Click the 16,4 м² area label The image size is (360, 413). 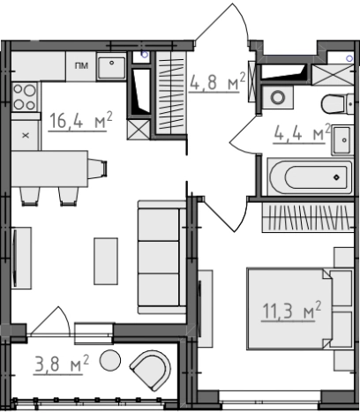click(80, 121)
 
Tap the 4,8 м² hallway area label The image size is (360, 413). click(217, 82)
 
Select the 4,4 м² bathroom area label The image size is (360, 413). click(302, 134)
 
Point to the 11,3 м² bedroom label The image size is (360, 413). click(291, 311)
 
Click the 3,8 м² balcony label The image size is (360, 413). click(62, 364)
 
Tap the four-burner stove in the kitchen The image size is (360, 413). click(26, 96)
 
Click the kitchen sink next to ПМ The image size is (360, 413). click(111, 68)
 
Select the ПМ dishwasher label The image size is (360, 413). click(81, 65)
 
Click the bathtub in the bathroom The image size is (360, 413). click(310, 176)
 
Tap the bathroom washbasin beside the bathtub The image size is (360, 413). click(342, 140)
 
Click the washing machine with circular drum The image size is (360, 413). click(278, 97)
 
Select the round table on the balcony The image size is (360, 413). click(110, 360)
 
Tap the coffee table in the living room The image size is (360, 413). click(106, 261)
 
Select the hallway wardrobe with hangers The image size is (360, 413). click(171, 93)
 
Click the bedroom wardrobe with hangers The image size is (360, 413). click(308, 217)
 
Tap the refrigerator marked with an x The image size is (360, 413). click(26, 136)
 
